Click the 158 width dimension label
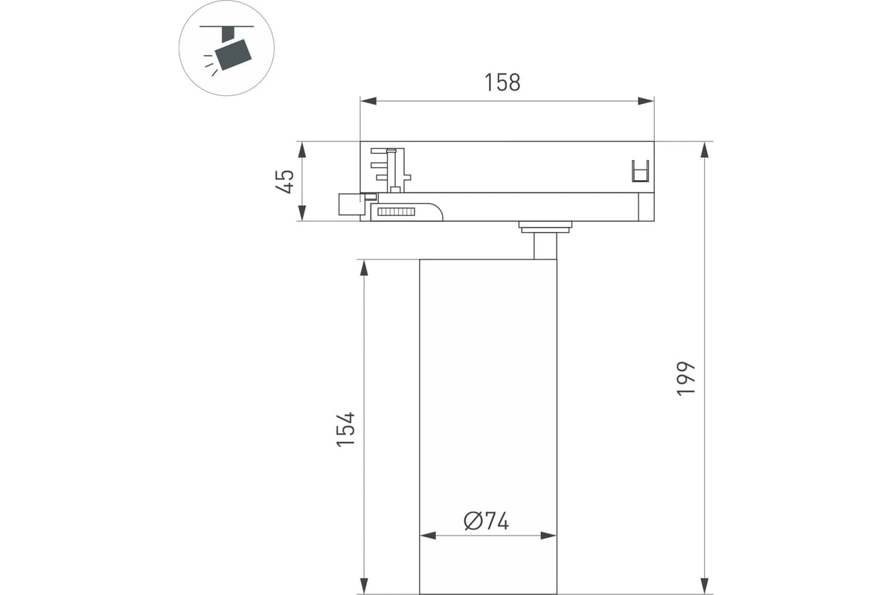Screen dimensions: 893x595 tap(502, 83)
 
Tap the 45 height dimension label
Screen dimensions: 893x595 tap(285, 181)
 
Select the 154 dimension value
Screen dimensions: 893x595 tap(345, 430)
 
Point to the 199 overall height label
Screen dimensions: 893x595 tap(685, 379)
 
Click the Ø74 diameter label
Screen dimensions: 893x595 tap(487, 521)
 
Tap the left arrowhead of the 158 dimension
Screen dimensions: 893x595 tap(368, 101)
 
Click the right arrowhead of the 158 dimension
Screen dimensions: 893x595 tap(646, 101)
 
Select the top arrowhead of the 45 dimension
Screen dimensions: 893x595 tap(302, 149)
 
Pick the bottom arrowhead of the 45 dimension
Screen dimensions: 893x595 tap(302, 213)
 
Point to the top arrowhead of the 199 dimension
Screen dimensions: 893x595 tap(705, 149)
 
